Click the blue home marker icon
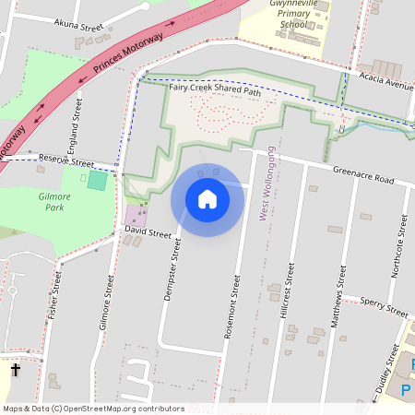pyautogui.click(x=207, y=198)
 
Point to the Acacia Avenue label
pyautogui.click(x=387, y=83)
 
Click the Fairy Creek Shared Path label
pyautogui.click(x=215, y=90)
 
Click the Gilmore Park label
pyautogui.click(x=57, y=202)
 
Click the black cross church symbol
pyautogui.click(x=15, y=370)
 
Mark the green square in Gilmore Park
pyautogui.click(x=97, y=180)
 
